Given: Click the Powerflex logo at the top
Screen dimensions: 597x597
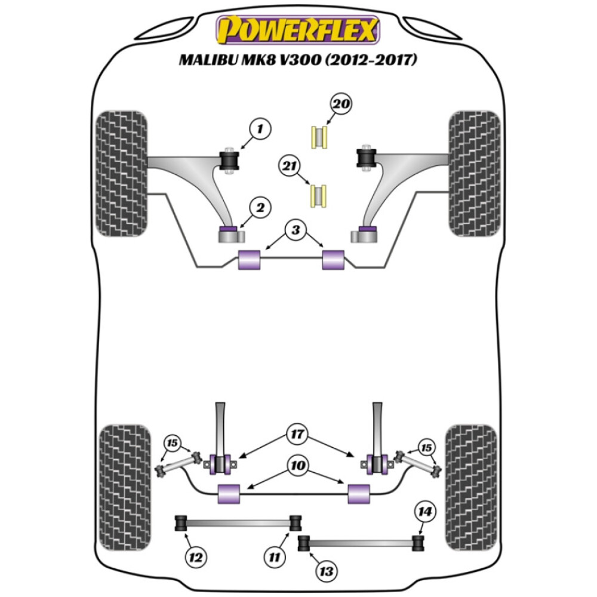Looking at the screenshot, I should tap(298, 30).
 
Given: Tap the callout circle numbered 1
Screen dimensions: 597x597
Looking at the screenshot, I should tap(260, 128).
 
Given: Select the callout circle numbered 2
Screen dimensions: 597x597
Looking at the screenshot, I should tap(260, 208).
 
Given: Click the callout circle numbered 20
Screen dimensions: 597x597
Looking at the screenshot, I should tap(341, 105).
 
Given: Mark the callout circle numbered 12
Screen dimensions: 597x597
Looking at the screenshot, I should tap(195, 558).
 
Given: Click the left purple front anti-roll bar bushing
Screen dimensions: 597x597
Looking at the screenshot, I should tap(250, 260).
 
